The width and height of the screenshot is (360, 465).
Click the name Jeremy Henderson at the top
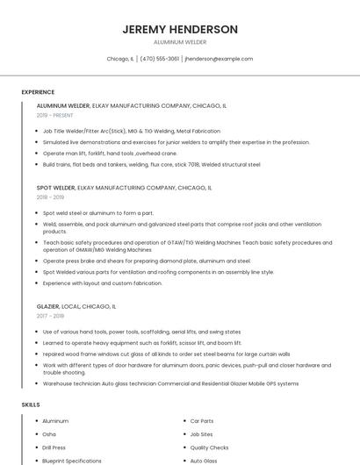(x=180, y=29)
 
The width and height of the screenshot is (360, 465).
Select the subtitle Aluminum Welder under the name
(x=180, y=42)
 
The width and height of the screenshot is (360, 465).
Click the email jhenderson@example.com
(x=219, y=59)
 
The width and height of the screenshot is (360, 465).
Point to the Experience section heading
(x=38, y=92)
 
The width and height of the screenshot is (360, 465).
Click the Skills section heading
(x=31, y=404)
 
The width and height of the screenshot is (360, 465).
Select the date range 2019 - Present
(x=54, y=115)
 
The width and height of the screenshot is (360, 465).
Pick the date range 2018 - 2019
(x=50, y=197)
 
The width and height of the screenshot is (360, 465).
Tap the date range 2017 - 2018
(x=50, y=316)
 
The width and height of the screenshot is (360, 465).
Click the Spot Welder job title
(x=56, y=188)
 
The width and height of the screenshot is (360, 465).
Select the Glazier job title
(x=48, y=306)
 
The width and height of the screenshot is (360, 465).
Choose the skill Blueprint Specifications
(x=72, y=461)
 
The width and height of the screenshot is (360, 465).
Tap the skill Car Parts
(x=202, y=421)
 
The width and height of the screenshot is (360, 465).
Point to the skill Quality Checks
(x=209, y=447)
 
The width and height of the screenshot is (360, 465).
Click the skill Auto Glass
(x=204, y=461)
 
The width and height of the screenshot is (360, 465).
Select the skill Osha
(x=49, y=434)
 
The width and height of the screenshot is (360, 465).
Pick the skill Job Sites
(x=202, y=434)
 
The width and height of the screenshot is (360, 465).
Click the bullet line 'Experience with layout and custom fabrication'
(x=103, y=283)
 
